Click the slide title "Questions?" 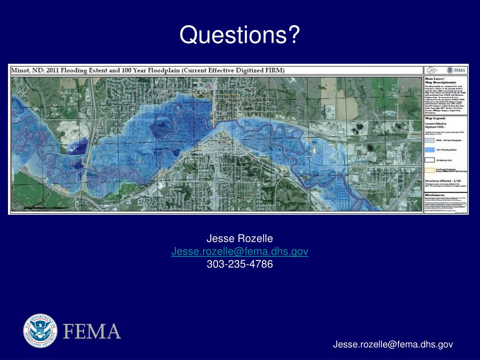[x=240, y=35]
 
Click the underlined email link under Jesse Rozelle [x=240, y=252]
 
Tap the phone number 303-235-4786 [x=240, y=264]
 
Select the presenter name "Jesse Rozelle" [x=240, y=240]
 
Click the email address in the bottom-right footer [x=393, y=345]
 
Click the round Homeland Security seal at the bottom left [x=40, y=331]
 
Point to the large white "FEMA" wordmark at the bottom [x=92, y=331]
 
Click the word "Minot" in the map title [x=20, y=70]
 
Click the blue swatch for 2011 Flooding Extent [x=429, y=150]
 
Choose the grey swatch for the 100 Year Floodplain [x=429, y=140]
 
